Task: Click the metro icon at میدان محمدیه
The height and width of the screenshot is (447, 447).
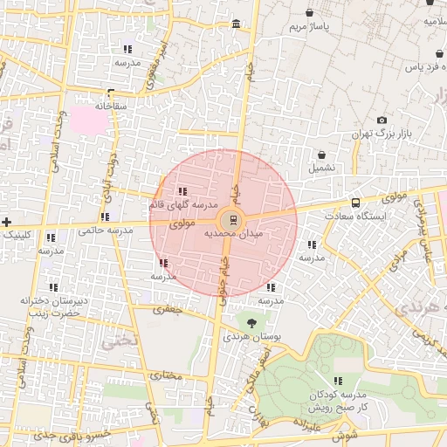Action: click(231, 220)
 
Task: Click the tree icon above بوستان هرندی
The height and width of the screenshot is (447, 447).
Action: click(251, 323)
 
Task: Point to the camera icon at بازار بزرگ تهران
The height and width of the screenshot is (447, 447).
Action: click(382, 120)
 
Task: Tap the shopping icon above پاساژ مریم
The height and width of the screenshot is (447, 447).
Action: click(311, 13)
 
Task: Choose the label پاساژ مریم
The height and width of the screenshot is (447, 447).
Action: click(312, 27)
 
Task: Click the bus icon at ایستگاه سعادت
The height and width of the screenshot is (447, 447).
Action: click(354, 203)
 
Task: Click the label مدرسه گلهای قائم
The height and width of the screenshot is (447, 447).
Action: click(182, 204)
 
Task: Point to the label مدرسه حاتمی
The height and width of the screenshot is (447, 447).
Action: click(105, 230)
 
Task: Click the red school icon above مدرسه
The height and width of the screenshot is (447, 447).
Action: click(163, 263)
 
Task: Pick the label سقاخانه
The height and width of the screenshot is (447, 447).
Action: click(111, 106)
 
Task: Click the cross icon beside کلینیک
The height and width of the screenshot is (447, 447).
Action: click(7, 222)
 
